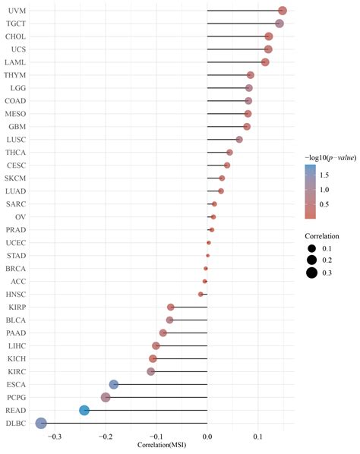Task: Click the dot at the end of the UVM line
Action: [283, 11]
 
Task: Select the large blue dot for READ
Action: [84, 410]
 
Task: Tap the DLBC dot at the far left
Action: [41, 423]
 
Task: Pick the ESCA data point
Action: [114, 384]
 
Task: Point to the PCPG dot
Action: [106, 397]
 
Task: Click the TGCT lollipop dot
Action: [279, 24]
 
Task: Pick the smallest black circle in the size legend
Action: [311, 248]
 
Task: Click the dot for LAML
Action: [265, 62]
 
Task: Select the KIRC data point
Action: [151, 371]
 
